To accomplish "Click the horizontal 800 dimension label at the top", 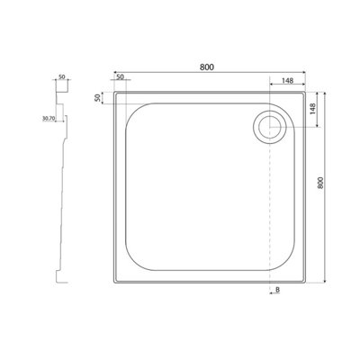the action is (207, 67).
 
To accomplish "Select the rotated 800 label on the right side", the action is (320, 183).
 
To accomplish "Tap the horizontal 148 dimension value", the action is (287, 80).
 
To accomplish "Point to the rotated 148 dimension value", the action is (312, 109).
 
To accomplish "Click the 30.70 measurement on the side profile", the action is (49, 119).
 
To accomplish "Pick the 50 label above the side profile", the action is (61, 76).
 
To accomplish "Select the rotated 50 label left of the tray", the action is (97, 98).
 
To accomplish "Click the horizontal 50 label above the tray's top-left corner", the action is (120, 76).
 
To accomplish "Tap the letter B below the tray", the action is (277, 290).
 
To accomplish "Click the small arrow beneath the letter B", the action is (274, 294).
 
